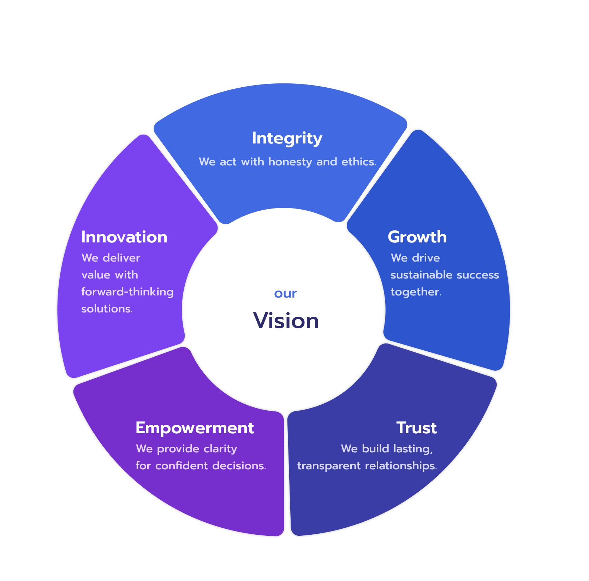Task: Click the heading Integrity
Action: pos(287,138)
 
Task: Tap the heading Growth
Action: pos(417,237)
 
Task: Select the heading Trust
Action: pos(416,428)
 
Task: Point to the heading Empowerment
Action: pos(195,428)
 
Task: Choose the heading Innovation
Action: pos(124,237)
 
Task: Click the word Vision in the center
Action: pos(286,321)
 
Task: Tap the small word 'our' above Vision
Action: pos(286,293)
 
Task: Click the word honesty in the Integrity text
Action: pos(290,162)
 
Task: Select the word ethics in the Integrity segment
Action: pos(358,162)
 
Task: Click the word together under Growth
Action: pos(416,292)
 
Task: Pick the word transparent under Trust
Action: pos(329,466)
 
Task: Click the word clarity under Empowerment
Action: pos(220,449)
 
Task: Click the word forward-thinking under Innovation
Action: pos(127,292)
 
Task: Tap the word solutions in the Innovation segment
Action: pos(107,309)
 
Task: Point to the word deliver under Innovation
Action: pos(121,258)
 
